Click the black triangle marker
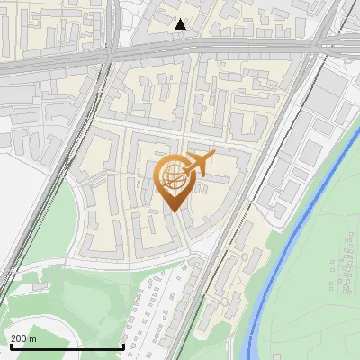181,24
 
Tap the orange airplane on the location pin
199,164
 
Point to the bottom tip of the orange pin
172,212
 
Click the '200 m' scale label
23,338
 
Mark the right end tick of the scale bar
123,346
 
